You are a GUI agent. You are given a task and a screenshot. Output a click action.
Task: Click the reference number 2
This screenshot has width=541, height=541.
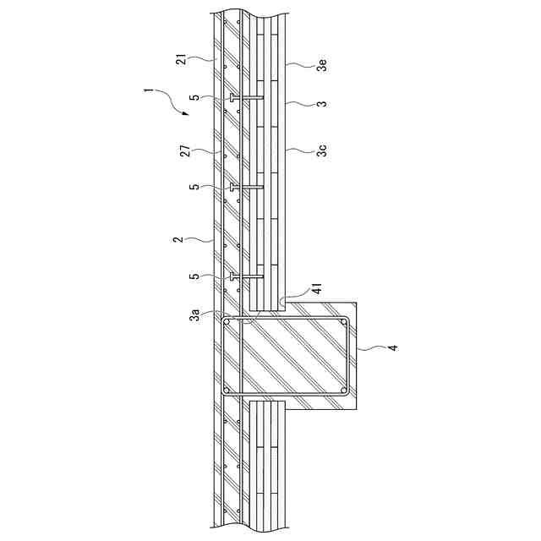pos(178,240)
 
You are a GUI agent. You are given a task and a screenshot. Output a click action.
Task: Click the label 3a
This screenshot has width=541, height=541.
pos(195,315)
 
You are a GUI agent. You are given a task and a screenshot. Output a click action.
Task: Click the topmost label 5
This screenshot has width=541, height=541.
pos(195,98)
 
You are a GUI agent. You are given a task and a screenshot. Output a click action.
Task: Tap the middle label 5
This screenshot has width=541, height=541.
pos(195,187)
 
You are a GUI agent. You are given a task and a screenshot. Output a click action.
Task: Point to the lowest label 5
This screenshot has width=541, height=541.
pos(195,276)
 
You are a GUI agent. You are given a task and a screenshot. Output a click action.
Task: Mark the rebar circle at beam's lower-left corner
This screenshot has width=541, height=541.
pos(227,391)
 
